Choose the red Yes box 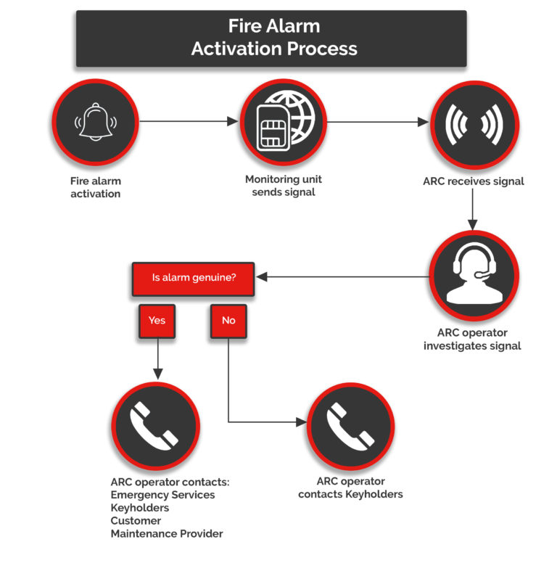pos(157,320)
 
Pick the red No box pos(228,320)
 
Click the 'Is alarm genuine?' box pos(194,278)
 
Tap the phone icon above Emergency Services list pos(154,426)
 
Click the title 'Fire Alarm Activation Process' pos(273,38)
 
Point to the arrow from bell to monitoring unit pos(189,122)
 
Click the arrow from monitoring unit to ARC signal pos(377,122)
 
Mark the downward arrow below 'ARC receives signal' pos(473,210)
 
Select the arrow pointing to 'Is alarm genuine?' pos(341,277)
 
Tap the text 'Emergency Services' pos(162,495)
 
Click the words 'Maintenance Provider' pos(167,534)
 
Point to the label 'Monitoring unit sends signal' pos(283,186)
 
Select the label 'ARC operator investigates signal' pos(472,340)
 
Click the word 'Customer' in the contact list pos(136,521)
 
